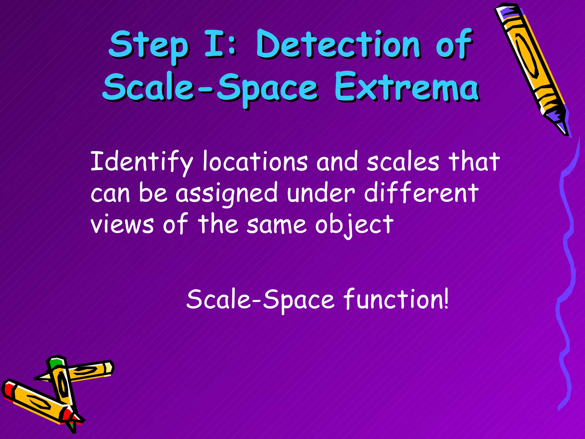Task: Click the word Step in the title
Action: pos(149,46)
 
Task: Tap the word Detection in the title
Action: pos(338,44)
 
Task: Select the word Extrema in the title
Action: pos(407,87)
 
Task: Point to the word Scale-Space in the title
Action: pos(210,87)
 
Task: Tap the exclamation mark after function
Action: pos(446,299)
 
